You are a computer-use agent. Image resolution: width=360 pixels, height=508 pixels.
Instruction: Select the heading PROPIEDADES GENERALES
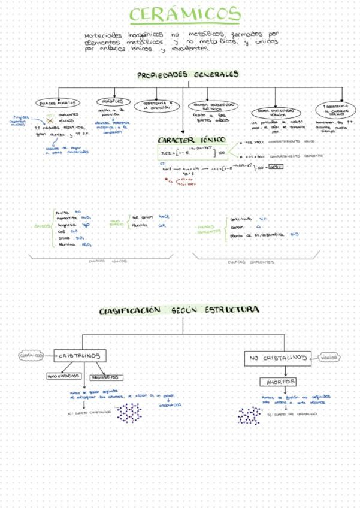click(187, 74)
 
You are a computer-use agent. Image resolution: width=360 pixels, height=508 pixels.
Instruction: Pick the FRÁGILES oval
click(112, 102)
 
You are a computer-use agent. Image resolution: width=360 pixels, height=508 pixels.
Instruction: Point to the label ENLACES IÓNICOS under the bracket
click(103, 261)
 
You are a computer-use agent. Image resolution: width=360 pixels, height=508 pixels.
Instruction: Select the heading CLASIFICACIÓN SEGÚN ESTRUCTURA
click(179, 310)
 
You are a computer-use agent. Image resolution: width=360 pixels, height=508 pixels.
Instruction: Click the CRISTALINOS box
click(79, 356)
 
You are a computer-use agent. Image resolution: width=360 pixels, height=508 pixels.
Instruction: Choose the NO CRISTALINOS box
click(277, 358)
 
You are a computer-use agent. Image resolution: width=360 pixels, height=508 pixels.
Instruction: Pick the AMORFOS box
click(277, 382)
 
